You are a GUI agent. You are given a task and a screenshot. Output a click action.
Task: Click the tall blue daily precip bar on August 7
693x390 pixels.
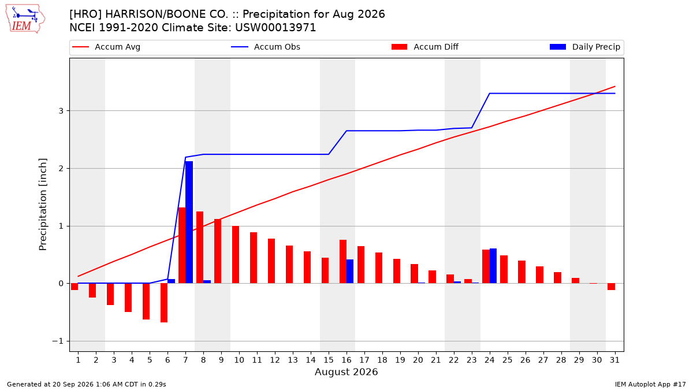189,222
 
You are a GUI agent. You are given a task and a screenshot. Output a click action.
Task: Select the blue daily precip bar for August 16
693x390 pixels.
350,271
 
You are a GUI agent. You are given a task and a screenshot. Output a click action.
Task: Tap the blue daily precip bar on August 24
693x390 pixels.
493,266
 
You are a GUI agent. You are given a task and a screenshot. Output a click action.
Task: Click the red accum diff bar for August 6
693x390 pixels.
164,303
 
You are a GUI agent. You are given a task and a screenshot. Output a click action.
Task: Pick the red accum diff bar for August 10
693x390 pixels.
236,254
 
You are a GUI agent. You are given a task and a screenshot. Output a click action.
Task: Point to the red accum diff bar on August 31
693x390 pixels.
612,287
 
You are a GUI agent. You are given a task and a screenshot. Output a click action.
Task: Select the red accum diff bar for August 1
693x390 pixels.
74,287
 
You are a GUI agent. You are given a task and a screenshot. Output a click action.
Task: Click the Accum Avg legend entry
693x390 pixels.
106,47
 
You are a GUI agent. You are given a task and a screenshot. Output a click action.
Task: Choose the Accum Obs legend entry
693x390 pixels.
266,47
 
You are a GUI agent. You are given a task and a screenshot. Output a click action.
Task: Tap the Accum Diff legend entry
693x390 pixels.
425,47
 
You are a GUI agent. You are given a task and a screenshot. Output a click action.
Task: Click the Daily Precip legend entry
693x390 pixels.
584,47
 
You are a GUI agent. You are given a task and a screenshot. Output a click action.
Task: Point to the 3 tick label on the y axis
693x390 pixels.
61,111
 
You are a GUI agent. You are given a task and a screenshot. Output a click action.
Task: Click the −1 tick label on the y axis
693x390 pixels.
58,341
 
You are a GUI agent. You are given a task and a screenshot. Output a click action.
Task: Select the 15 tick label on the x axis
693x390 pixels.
329,360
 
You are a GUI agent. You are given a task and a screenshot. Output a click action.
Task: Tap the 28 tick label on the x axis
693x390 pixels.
561,360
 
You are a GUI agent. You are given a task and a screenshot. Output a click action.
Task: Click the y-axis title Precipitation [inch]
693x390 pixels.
43,205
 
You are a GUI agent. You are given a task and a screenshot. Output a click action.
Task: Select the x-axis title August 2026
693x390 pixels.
346,372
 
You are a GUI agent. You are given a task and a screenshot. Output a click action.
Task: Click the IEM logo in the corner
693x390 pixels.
25,19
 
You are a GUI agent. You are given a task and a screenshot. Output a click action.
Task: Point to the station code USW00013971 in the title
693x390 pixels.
275,28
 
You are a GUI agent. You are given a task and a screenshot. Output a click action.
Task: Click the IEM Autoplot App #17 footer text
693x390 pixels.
650,384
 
